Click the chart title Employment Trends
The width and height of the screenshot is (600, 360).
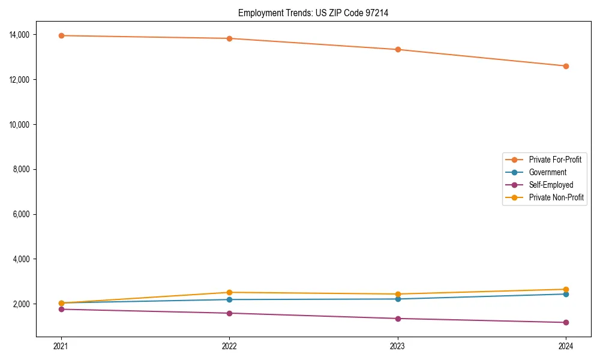pos(313,13)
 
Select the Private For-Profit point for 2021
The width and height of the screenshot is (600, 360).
pos(61,35)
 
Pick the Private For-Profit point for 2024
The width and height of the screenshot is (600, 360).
pos(566,66)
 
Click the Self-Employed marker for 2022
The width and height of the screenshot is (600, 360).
pos(229,313)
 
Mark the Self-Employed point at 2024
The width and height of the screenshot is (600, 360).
pos(566,322)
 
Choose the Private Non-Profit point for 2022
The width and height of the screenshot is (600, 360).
pos(229,292)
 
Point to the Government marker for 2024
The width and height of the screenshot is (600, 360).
pos(566,294)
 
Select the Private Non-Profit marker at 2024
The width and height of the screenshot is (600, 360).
pos(566,289)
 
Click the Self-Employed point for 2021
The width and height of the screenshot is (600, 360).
pos(61,309)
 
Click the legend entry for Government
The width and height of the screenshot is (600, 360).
pos(547,172)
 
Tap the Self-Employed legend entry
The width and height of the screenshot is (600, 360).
pos(551,185)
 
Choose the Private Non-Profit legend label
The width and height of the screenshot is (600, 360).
pos(556,197)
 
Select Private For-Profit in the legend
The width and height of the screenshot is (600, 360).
pos(555,160)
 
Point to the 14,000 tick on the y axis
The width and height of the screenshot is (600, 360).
pos(21,35)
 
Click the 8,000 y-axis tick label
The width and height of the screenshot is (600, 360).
pos(23,169)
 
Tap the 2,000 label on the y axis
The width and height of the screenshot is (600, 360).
pos(23,304)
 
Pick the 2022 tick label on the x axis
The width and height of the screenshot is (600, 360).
pos(229,346)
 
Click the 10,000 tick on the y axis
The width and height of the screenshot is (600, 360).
pos(21,125)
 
